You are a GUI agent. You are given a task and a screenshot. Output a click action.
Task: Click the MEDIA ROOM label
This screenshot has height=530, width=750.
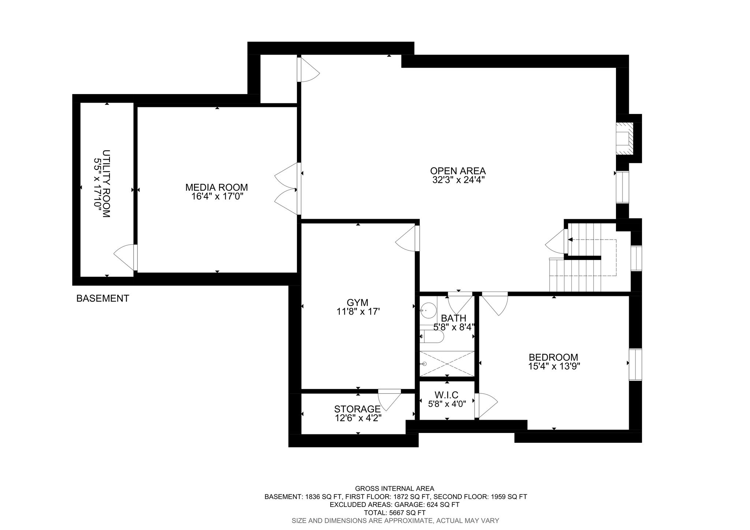pos(216,188)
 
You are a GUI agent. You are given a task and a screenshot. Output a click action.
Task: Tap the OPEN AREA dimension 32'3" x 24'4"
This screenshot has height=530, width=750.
pos(458,180)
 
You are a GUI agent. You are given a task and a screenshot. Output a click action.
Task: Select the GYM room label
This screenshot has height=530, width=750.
pos(357,303)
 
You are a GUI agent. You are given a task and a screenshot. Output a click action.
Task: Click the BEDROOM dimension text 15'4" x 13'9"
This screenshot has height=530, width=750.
pos(553,366)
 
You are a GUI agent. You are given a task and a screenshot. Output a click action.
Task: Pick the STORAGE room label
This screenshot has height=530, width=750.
pos(357,409)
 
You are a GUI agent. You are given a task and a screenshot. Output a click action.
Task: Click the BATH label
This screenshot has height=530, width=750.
pos(453,318)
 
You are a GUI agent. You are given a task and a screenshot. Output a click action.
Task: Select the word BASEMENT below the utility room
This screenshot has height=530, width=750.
pos(103,299)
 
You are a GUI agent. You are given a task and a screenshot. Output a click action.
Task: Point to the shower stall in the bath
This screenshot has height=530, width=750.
pos(447,364)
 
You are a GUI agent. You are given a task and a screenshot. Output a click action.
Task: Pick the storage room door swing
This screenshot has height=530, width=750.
pos(390,400)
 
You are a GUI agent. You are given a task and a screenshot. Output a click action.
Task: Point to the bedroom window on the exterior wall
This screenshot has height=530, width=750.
pos(635,365)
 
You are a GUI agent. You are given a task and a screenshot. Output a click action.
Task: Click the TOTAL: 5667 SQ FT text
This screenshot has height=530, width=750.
pos(395,512)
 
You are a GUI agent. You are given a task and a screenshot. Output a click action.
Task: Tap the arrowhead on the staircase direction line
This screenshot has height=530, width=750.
pos(570,240)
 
